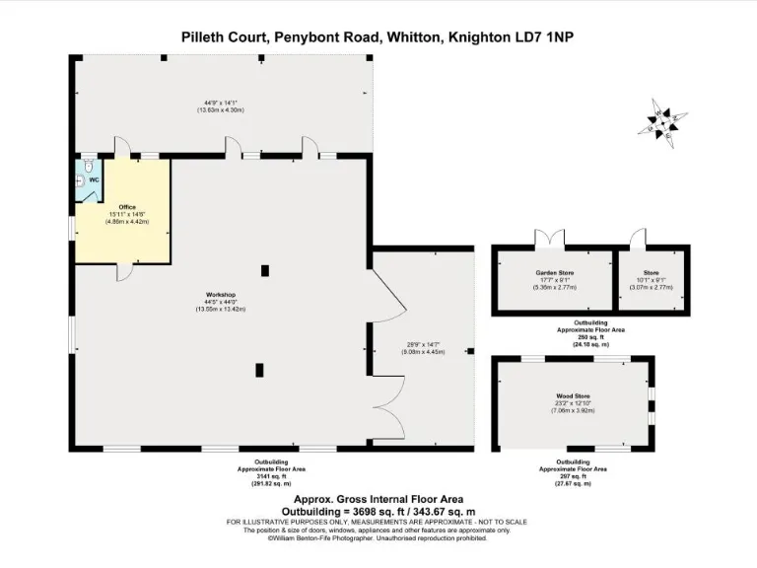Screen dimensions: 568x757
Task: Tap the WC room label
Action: [x=94, y=180]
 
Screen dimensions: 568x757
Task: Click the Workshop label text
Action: [x=220, y=296]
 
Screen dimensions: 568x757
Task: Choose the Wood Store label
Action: [x=573, y=397]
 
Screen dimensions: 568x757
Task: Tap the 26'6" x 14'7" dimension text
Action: [x=424, y=344]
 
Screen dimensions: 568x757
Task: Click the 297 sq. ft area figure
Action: [x=572, y=477]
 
